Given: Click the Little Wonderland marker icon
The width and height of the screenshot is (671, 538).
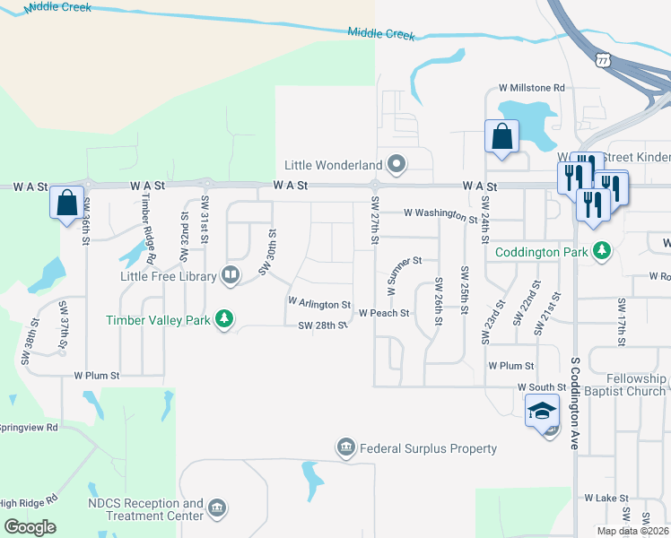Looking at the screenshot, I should pos(396,164).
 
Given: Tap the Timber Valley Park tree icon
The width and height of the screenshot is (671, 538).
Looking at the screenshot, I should pos(224,319).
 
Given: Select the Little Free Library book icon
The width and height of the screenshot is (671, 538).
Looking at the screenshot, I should pos(231,275).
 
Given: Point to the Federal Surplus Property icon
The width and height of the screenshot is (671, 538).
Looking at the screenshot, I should pos(345,447).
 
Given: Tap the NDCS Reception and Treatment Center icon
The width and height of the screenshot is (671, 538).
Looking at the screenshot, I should pos(216,509).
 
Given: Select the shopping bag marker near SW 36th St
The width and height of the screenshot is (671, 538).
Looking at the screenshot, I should pos(66,203).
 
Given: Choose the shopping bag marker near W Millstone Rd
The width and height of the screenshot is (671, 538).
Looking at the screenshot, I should pos(501,137).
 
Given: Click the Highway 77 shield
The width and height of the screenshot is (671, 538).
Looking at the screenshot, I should pos(602,60).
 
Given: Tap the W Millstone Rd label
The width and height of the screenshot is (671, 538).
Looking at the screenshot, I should pos(532,88).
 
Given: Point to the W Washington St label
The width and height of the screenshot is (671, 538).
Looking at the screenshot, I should pos(440,214).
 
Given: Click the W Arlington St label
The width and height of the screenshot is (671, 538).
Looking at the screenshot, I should pos(318,302).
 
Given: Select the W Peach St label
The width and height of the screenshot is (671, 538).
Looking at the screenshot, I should pos(384,314).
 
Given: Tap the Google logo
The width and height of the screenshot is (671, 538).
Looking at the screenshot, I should pos(30,527).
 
